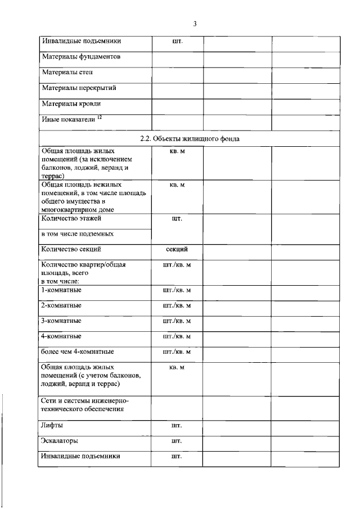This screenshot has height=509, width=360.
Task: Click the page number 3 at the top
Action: coord(195,24)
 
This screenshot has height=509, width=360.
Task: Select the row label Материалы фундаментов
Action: coord(81,57)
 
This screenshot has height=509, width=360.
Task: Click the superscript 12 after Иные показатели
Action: coord(99,117)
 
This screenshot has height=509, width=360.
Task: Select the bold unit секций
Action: coord(177,249)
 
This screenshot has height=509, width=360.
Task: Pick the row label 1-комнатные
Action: coord(61,290)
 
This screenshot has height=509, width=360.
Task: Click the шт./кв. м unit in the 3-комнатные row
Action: coord(177,321)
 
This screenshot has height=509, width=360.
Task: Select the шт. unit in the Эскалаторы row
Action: coord(177,442)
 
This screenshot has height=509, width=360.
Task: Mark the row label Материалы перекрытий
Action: coord(79,88)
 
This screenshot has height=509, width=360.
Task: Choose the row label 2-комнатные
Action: coord(61,305)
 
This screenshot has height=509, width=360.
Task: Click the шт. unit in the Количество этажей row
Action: coord(177,218)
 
